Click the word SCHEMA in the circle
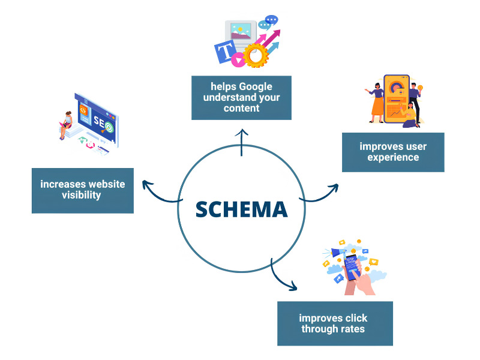242,209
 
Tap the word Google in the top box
256,87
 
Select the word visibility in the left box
82,195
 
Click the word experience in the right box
393,157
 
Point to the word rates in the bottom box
353,329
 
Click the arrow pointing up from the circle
242,142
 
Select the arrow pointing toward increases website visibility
161,193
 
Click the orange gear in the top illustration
256,55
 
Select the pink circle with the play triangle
238,60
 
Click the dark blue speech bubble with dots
271,20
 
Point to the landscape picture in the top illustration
241,31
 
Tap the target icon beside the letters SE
109,127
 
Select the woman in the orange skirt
376,103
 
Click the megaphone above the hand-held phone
335,253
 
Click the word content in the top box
242,109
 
